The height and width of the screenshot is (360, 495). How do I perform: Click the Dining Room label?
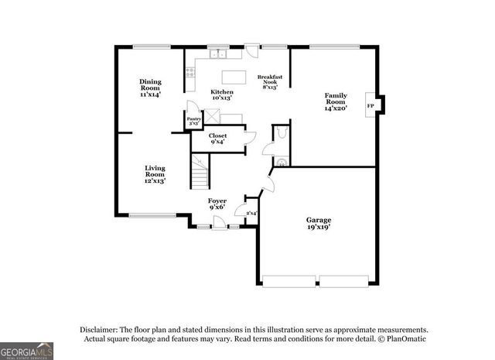[x=150, y=87]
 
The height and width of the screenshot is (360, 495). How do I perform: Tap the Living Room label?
[x=155, y=174]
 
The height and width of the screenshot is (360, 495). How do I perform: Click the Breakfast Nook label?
[x=270, y=81]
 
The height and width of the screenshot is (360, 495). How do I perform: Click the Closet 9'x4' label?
[x=218, y=139]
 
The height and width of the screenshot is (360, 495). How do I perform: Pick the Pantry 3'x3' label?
[x=194, y=121]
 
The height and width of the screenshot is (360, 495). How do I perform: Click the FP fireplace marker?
[x=370, y=106]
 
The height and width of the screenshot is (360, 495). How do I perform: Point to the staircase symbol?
[x=201, y=171]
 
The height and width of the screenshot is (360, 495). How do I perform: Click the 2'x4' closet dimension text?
[x=251, y=213]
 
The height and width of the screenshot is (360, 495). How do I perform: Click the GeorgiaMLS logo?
[x=27, y=350]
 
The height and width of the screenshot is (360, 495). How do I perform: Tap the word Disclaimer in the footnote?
[x=98, y=329]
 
